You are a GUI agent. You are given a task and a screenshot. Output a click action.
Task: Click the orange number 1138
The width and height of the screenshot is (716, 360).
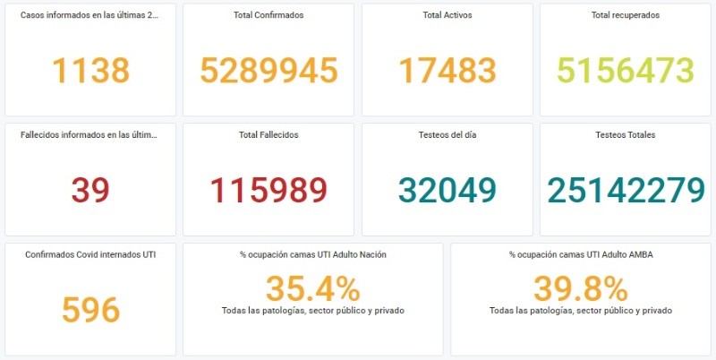pos(90,70)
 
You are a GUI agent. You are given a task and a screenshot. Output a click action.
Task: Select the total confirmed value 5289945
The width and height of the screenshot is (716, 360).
pos(268,70)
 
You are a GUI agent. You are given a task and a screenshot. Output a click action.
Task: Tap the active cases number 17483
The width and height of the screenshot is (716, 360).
pos(447,70)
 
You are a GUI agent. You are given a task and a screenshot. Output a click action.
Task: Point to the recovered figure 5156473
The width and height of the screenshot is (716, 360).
pos(625,70)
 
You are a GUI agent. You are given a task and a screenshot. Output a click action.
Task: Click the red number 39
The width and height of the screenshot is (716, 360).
pos(90,190)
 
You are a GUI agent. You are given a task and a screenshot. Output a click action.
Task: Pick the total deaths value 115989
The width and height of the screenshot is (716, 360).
pos(268,190)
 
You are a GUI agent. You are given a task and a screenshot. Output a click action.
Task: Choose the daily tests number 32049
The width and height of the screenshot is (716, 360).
pos(447,190)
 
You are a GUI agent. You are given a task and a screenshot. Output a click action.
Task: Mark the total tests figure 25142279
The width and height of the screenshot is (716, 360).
pos(626,190)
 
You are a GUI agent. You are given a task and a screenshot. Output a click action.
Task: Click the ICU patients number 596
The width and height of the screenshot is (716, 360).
pos(90,310)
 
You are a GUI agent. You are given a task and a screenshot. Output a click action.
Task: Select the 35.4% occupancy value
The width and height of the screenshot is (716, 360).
pos(312,288)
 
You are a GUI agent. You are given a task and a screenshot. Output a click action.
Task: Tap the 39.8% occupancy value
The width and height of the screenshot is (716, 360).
pos(581,288)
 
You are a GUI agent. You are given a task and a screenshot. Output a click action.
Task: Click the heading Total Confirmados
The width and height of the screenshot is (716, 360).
pos(268,15)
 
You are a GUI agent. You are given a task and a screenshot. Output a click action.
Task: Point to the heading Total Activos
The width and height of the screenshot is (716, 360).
pos(447,15)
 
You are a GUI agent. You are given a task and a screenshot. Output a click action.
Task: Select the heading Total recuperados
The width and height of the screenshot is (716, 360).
pos(626,15)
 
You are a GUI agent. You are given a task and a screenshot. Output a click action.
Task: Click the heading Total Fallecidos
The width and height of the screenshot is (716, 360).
pos(268,135)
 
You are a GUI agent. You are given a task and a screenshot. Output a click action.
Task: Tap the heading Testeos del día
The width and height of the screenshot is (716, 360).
pos(447,135)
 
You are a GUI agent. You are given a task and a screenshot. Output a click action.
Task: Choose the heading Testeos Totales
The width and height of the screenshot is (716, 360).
pos(626,135)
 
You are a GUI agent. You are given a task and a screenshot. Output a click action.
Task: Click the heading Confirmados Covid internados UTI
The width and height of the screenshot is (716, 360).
pos(90,255)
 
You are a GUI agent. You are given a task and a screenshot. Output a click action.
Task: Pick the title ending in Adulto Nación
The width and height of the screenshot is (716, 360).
pos(313,255)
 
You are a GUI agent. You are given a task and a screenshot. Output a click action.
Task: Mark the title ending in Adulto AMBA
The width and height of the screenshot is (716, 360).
pos(581,255)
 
